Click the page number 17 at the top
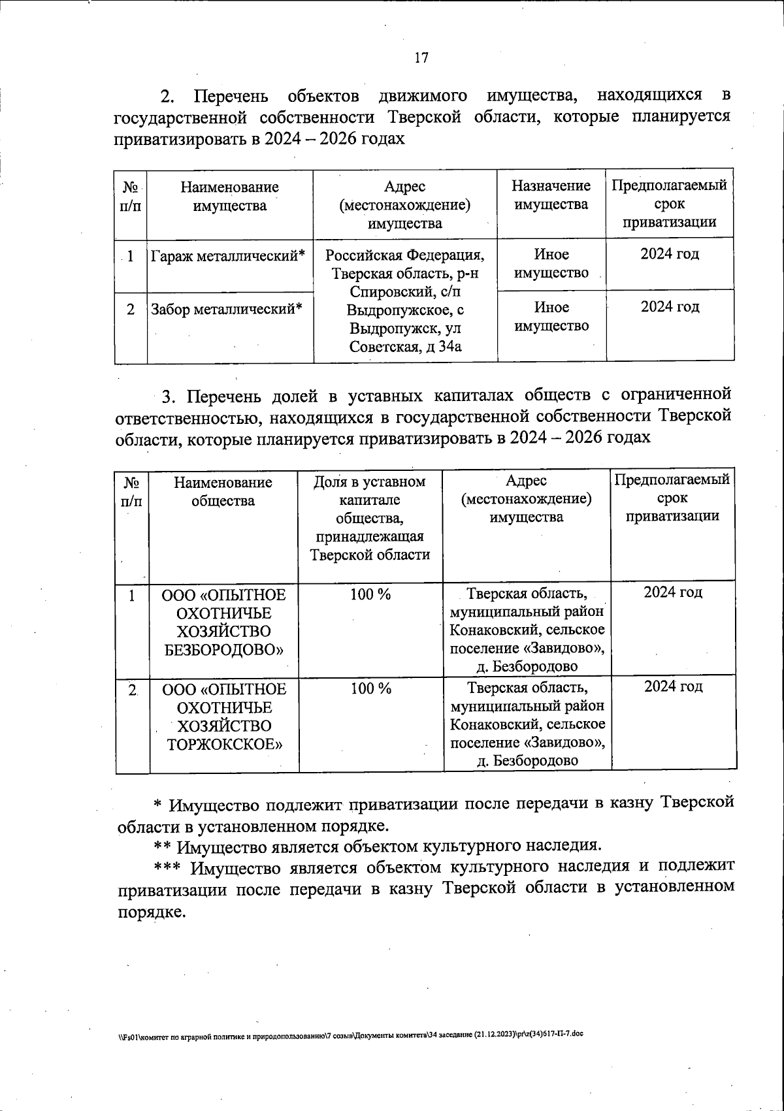tap(421, 57)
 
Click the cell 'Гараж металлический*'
tap(229, 256)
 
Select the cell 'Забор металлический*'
tap(227, 309)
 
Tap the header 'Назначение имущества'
tap(551, 195)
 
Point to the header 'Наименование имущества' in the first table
tap(229, 197)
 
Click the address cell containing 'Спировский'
tap(405, 300)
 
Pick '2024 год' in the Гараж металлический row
tap(670, 254)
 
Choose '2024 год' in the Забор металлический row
tap(670, 307)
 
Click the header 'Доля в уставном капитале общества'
tap(370, 518)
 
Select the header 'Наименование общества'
tap(223, 492)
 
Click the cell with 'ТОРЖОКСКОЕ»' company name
tap(223, 717)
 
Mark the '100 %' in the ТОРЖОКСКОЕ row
tap(370, 688)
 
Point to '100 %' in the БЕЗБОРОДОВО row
tap(370, 594)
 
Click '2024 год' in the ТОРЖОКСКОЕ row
tap(673, 686)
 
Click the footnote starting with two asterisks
tap(377, 846)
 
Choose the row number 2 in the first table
tap(131, 309)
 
